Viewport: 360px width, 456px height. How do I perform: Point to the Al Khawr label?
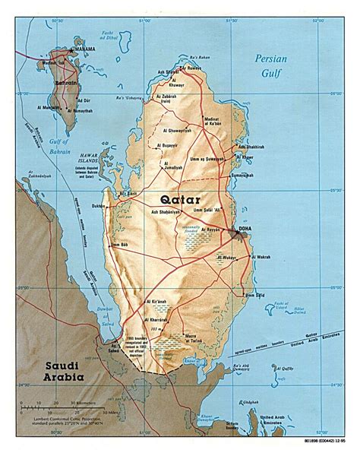point(250,157)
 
